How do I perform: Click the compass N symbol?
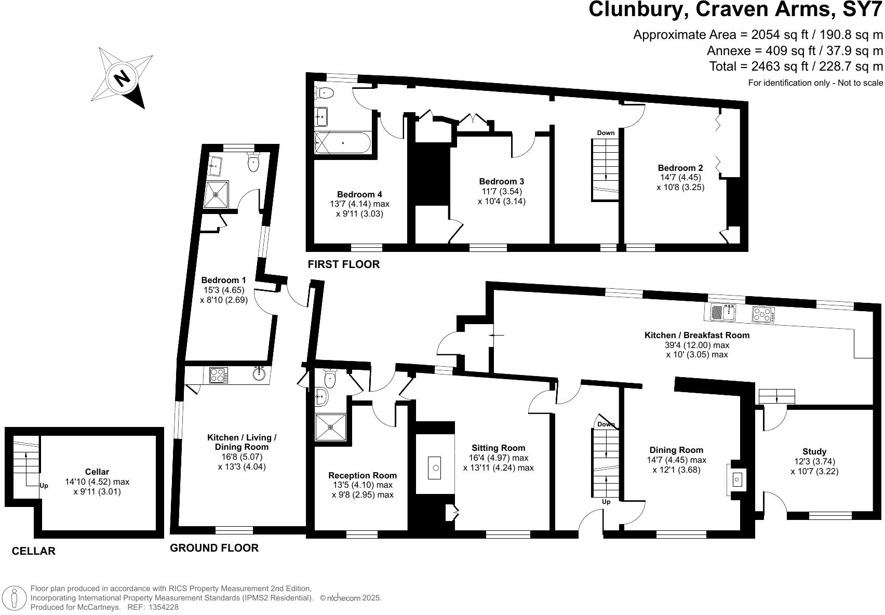click(x=123, y=78)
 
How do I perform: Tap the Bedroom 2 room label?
click(x=680, y=168)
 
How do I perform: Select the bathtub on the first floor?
click(x=342, y=142)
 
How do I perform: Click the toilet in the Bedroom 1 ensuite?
click(x=253, y=163)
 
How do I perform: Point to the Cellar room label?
click(x=97, y=472)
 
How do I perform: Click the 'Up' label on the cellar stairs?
click(x=44, y=486)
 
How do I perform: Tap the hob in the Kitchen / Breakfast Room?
click(x=763, y=314)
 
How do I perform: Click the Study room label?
click(x=814, y=451)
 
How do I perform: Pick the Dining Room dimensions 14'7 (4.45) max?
click(x=676, y=460)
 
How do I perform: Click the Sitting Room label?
click(x=498, y=448)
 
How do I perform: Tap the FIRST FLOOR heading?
click(x=343, y=264)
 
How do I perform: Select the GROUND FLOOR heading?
click(x=214, y=548)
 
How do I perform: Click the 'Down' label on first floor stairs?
click(x=606, y=133)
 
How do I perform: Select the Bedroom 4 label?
click(x=359, y=195)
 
